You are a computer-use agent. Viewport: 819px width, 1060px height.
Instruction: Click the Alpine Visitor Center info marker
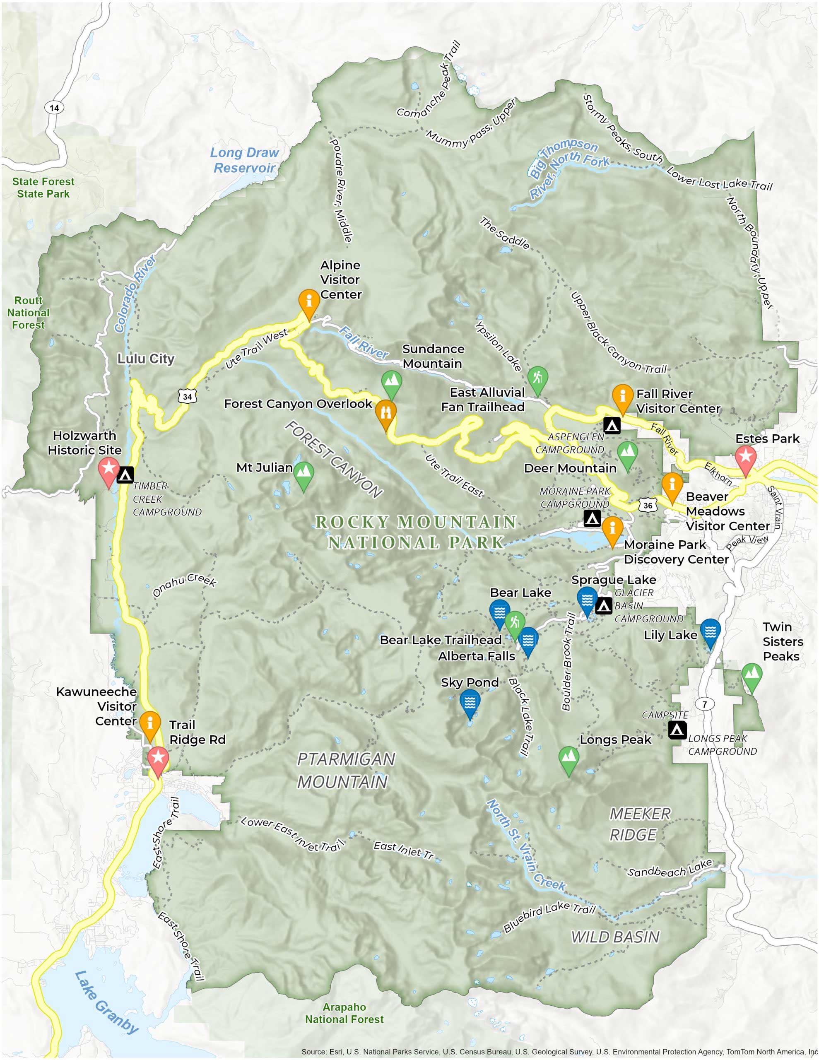309,302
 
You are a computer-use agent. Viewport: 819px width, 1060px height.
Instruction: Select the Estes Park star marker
746,459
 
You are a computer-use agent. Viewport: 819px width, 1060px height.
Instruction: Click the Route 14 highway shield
54,108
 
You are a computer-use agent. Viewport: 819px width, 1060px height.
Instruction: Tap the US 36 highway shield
648,505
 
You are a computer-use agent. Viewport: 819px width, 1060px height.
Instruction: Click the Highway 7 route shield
704,704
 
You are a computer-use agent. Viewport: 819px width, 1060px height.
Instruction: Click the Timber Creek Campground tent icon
125,475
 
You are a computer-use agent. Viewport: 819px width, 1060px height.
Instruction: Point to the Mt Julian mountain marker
304,475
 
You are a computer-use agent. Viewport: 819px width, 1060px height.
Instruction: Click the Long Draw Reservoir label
244,160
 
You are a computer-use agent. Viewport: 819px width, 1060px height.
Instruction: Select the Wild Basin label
615,937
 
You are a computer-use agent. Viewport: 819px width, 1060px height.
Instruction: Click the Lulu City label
146,359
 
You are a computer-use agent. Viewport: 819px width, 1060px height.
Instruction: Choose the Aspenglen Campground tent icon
612,425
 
